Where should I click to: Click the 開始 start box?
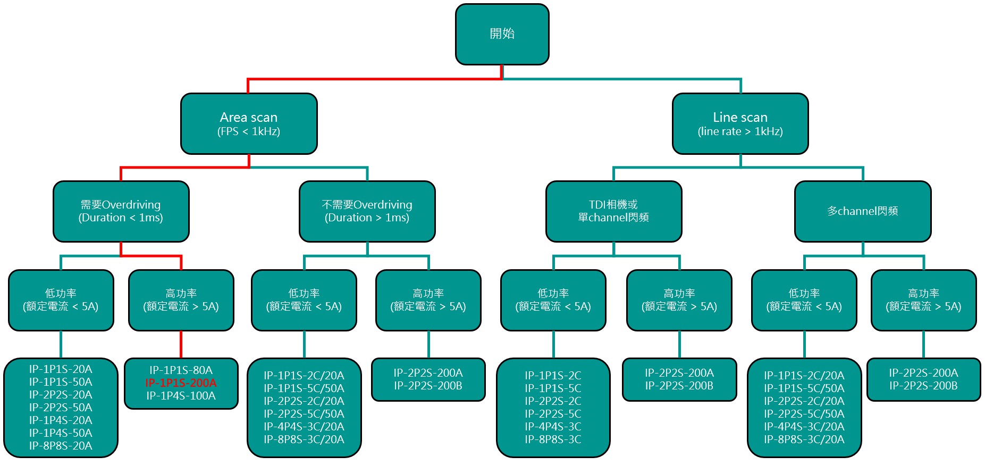pos(502,35)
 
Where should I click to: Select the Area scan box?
pos(249,124)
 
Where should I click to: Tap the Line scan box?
pos(740,124)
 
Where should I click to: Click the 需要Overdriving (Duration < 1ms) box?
pos(121,211)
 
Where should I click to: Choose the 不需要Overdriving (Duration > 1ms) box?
pos(367,211)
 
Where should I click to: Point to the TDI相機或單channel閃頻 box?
pos(613,211)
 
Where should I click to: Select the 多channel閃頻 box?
pos(863,211)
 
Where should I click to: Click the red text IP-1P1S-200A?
pos(181,383)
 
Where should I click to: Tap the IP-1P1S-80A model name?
pos(181,370)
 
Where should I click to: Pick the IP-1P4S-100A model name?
pos(181,396)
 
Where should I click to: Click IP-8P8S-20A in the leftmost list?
pos(61,446)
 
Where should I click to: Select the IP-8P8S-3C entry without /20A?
pos(553,439)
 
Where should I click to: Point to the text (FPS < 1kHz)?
pos(249,131)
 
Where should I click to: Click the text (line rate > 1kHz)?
pos(740,131)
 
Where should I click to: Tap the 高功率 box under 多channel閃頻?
pos(923,300)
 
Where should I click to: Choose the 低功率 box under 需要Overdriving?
pos(61,300)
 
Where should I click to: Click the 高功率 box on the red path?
pos(181,300)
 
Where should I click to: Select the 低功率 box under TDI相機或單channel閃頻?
pos(553,300)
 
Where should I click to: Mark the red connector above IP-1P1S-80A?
pos(181,344)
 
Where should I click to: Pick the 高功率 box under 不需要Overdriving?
pos(428,300)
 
